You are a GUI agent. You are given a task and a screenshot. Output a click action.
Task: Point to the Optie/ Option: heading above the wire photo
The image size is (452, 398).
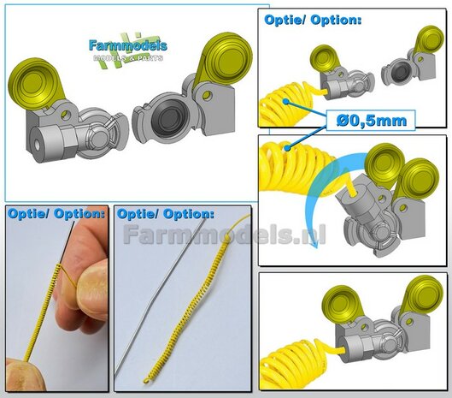(x=166, y=212)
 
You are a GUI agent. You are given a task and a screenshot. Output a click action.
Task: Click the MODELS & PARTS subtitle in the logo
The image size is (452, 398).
(x=127, y=60)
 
